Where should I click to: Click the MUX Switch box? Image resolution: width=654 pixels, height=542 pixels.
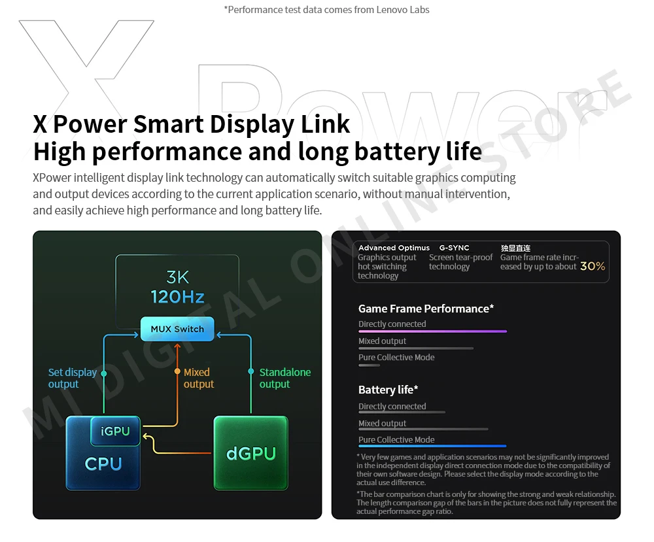point(177,329)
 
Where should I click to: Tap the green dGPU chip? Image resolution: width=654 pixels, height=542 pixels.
point(251,452)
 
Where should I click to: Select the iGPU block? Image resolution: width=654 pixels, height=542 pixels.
point(116,432)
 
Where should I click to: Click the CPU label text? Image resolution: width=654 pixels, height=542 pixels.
point(103,464)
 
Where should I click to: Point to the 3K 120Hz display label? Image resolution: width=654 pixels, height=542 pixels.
point(177,286)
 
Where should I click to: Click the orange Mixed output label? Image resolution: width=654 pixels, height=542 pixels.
point(198,378)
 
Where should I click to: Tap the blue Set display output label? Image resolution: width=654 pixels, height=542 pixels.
point(72,378)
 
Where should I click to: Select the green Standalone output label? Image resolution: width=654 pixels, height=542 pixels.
point(284,378)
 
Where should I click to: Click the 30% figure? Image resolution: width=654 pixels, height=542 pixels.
point(593,266)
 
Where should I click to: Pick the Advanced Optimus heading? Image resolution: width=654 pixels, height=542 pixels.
point(394,248)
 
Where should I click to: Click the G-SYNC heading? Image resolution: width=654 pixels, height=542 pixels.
point(454,248)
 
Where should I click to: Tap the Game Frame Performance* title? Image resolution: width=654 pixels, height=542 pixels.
point(426,309)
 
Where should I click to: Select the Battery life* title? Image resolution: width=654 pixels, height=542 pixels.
point(388,390)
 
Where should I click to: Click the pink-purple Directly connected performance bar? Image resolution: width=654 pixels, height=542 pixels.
point(432,331)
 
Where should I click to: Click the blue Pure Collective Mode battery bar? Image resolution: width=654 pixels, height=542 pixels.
point(423,446)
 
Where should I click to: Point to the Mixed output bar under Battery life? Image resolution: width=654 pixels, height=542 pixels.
point(423,429)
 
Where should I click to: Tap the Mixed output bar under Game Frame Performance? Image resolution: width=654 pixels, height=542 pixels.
point(416,348)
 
